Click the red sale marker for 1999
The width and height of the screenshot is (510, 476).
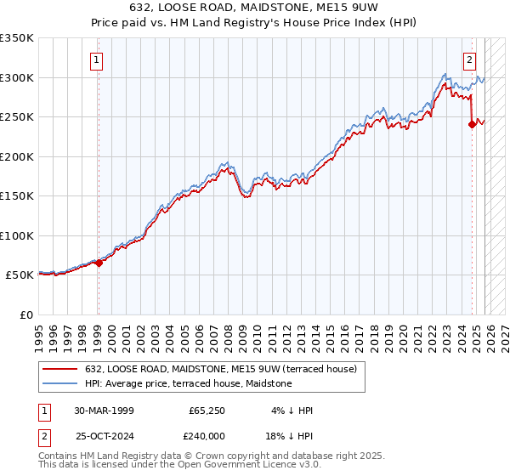pyautogui.click(x=99, y=263)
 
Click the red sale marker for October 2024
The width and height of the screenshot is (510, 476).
pyautogui.click(x=472, y=124)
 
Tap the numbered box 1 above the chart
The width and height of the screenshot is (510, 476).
pyautogui.click(x=98, y=60)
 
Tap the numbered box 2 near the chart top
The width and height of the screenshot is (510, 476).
pyautogui.click(x=469, y=60)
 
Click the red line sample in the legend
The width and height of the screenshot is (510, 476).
pyautogui.click(x=60, y=369)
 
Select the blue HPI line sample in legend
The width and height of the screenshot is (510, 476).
pyautogui.click(x=60, y=384)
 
